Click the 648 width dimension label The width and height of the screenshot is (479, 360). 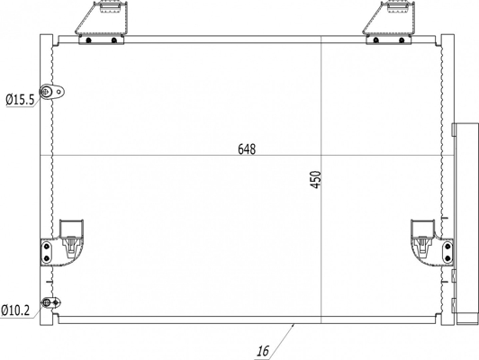247,149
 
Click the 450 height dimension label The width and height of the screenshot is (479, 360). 316,179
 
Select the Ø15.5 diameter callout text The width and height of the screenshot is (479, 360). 20,100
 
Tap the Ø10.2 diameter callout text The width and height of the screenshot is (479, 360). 15,310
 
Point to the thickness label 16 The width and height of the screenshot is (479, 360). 263,351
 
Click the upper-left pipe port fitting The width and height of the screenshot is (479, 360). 52,91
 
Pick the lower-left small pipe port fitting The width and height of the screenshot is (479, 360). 51,302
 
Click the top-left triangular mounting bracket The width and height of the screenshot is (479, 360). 101,17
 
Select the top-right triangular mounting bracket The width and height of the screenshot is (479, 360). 389,17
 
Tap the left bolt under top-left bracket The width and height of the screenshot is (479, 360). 88,40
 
